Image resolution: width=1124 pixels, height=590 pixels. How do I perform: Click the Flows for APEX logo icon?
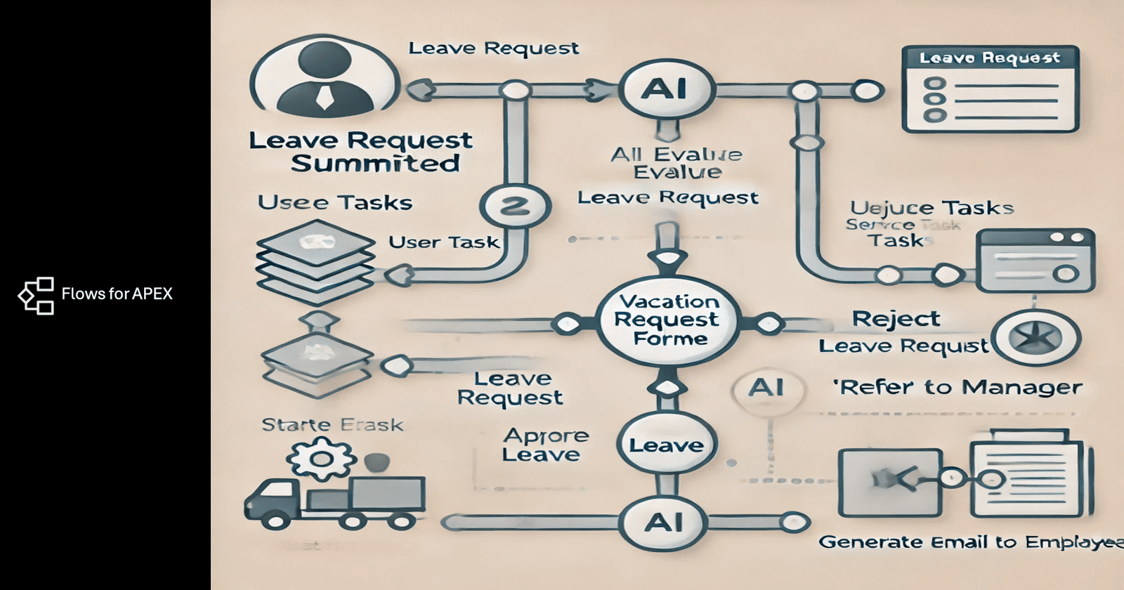[x=36, y=295]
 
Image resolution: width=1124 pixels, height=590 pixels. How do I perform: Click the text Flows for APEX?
[x=117, y=294]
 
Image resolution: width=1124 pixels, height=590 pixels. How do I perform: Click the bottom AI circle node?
[x=664, y=522]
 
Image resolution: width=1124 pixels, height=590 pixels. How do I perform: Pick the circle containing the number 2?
[x=515, y=206]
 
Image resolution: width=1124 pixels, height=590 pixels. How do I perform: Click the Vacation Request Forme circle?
[x=667, y=320]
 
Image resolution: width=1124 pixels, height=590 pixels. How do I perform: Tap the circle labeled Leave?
[x=666, y=445]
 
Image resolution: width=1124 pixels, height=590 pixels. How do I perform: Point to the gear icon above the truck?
[x=321, y=459]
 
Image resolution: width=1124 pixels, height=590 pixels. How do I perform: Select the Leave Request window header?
[x=990, y=58]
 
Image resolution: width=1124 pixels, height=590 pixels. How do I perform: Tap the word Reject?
[x=896, y=319]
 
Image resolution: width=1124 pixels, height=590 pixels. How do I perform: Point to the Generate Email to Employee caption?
[x=970, y=542]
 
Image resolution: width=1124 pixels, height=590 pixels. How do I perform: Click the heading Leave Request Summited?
[x=360, y=152]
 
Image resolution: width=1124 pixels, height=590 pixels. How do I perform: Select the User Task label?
[x=443, y=242]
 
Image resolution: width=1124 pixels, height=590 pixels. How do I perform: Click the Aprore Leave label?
[x=545, y=445]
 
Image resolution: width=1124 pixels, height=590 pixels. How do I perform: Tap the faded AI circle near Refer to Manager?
[x=766, y=388]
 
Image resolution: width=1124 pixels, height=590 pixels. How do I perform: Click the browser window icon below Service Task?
[x=1035, y=260]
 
